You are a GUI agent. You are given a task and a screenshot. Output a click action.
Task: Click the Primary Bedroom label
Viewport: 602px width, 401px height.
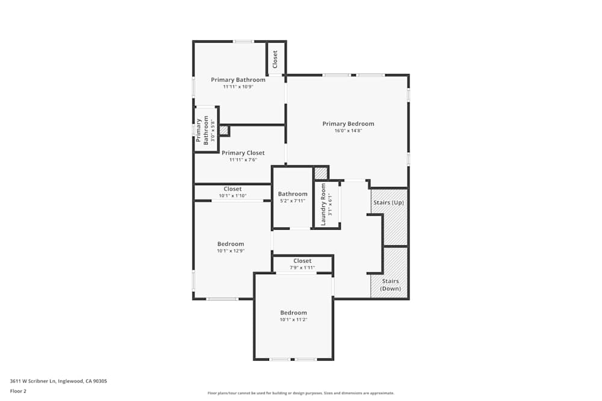click(348, 124)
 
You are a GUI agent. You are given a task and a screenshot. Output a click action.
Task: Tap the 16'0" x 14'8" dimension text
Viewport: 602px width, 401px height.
click(348, 130)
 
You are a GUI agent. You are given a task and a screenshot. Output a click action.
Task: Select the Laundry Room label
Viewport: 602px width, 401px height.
click(323, 204)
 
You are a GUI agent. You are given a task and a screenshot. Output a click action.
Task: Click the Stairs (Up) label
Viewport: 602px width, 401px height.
click(389, 203)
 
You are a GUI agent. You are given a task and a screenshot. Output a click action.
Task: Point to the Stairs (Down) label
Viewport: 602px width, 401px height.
click(389, 285)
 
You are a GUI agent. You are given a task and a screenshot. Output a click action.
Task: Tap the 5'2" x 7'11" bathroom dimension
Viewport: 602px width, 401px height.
click(293, 201)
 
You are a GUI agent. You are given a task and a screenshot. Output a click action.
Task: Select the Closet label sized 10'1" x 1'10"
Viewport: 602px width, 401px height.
click(232, 189)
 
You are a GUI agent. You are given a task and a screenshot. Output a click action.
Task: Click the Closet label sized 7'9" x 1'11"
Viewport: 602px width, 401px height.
click(302, 261)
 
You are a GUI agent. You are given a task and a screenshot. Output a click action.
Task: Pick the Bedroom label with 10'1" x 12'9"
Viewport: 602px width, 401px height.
click(231, 243)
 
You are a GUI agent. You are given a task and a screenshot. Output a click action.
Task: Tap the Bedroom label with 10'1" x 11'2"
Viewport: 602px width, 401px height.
click(293, 313)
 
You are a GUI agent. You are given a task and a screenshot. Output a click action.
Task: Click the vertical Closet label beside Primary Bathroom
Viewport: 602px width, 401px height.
click(275, 59)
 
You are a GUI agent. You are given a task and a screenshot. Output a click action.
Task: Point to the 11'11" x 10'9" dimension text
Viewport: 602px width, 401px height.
click(238, 87)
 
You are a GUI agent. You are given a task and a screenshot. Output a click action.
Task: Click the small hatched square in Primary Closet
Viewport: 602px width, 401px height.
click(223, 130)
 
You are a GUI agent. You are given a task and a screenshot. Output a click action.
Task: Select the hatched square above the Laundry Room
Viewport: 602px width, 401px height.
click(321, 173)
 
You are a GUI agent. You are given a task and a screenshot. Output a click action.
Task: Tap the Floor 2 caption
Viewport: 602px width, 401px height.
click(18, 391)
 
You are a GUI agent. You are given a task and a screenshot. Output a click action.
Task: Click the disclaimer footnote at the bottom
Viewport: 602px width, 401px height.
click(301, 393)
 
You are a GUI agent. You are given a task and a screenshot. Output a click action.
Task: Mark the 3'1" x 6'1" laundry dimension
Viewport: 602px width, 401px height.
click(330, 204)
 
